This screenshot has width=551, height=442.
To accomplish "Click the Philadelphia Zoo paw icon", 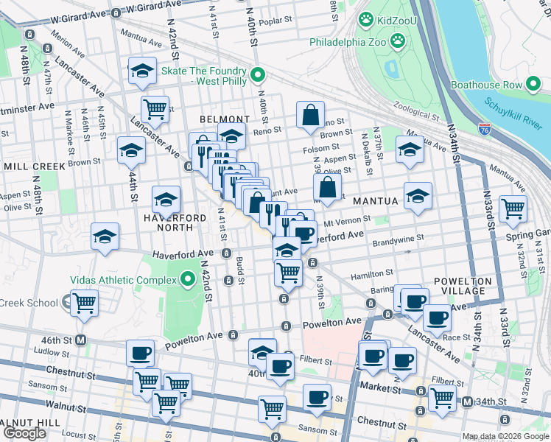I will [397, 41].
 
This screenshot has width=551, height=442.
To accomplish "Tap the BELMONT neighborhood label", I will [223, 119].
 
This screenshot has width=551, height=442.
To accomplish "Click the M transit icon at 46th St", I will [82, 340].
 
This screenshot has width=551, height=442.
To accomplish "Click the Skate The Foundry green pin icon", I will [258, 74].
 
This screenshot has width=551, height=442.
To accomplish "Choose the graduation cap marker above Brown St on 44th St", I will [131, 150].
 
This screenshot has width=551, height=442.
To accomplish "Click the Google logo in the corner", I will [24, 433].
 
